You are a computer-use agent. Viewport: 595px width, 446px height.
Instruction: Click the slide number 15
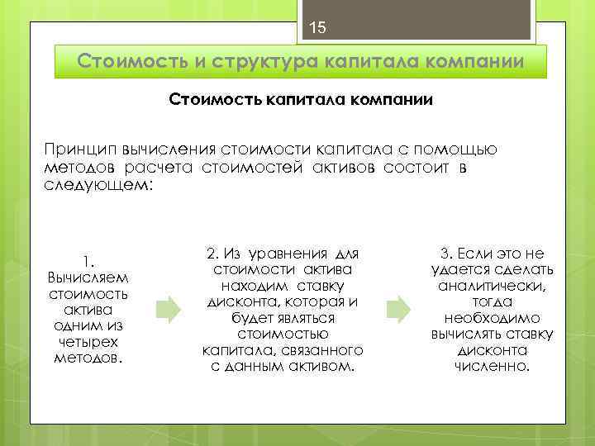click(318, 29)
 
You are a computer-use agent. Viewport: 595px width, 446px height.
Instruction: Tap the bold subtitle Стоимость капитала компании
click(301, 100)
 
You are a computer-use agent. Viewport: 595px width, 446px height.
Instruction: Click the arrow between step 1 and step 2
click(169, 310)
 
